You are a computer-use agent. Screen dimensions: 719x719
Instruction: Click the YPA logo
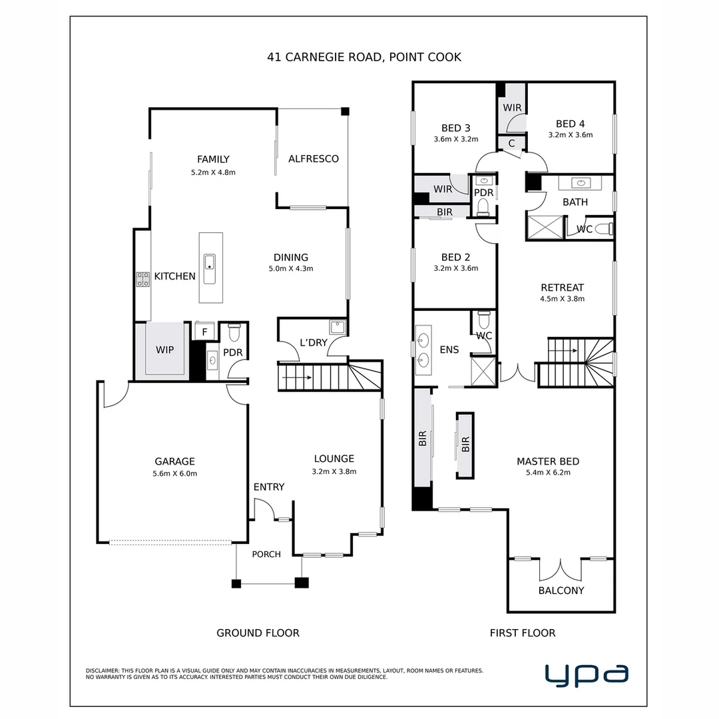(x=587, y=675)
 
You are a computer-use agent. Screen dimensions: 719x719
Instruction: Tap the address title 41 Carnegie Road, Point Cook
(x=364, y=57)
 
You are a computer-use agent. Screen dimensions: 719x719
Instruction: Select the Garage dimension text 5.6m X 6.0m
(x=174, y=474)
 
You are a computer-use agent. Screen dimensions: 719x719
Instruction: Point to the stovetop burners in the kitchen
(x=142, y=279)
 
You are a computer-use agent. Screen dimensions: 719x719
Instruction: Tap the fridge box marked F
(x=204, y=332)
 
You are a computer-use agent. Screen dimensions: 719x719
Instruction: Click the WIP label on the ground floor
(x=164, y=350)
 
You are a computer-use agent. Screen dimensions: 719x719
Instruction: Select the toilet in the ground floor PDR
(x=234, y=332)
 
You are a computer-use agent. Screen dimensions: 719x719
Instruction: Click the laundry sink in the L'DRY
(x=338, y=328)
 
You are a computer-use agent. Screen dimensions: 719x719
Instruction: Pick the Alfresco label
(x=314, y=159)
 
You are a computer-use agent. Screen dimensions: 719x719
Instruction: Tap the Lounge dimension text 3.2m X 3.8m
(x=334, y=471)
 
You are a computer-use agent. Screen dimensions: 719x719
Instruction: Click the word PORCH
(x=266, y=555)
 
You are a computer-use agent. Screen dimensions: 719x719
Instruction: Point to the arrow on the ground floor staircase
(x=297, y=378)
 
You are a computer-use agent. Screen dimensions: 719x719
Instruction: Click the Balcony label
(x=561, y=591)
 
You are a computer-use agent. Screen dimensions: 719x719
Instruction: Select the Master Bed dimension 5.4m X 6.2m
(x=548, y=472)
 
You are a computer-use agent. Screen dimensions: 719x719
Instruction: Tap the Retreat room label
(x=562, y=288)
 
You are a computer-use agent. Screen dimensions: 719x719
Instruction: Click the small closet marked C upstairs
(x=512, y=143)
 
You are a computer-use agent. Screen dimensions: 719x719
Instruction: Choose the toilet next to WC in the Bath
(x=604, y=228)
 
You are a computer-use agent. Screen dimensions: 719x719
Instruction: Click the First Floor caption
(x=523, y=633)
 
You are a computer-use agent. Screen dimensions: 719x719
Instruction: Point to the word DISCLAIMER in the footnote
(x=103, y=670)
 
